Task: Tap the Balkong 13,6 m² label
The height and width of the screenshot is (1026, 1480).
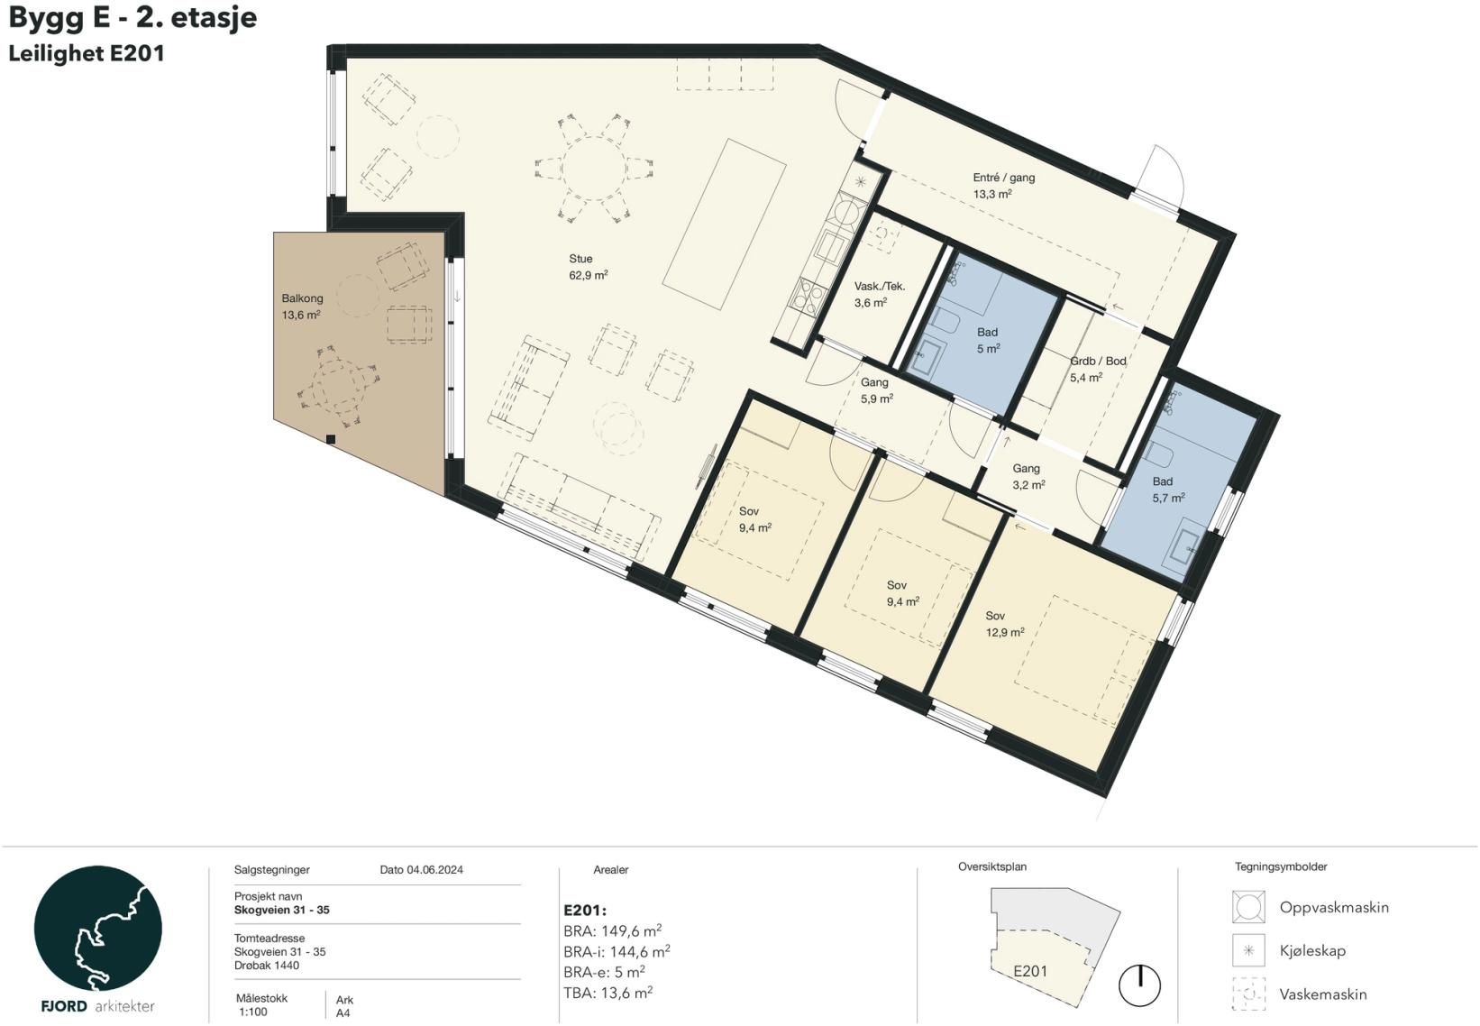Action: [302, 307]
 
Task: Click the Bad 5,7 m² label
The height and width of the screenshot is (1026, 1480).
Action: [1168, 490]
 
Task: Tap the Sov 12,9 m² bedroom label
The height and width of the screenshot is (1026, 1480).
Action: [1005, 624]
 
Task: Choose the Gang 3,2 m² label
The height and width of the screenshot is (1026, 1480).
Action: [1028, 476]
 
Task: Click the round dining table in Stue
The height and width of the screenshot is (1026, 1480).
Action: [593, 169]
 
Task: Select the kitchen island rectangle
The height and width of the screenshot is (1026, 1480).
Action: [724, 224]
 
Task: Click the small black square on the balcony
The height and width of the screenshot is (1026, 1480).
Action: [331, 439]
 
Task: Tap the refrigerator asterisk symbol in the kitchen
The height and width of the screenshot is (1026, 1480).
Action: [860, 181]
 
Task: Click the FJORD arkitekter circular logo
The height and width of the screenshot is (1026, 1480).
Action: [97, 928]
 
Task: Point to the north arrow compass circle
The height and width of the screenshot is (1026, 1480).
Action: [1139, 985]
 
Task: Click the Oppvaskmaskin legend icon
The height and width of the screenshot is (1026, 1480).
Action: [1248, 906]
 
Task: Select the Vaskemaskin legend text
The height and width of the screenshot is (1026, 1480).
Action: [1323, 994]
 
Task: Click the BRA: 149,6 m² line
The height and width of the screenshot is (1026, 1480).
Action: [613, 930]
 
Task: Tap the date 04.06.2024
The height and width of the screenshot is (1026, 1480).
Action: [434, 870]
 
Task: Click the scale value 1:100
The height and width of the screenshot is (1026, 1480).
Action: [253, 1012]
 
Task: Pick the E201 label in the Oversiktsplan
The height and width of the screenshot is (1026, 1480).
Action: [1030, 971]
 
